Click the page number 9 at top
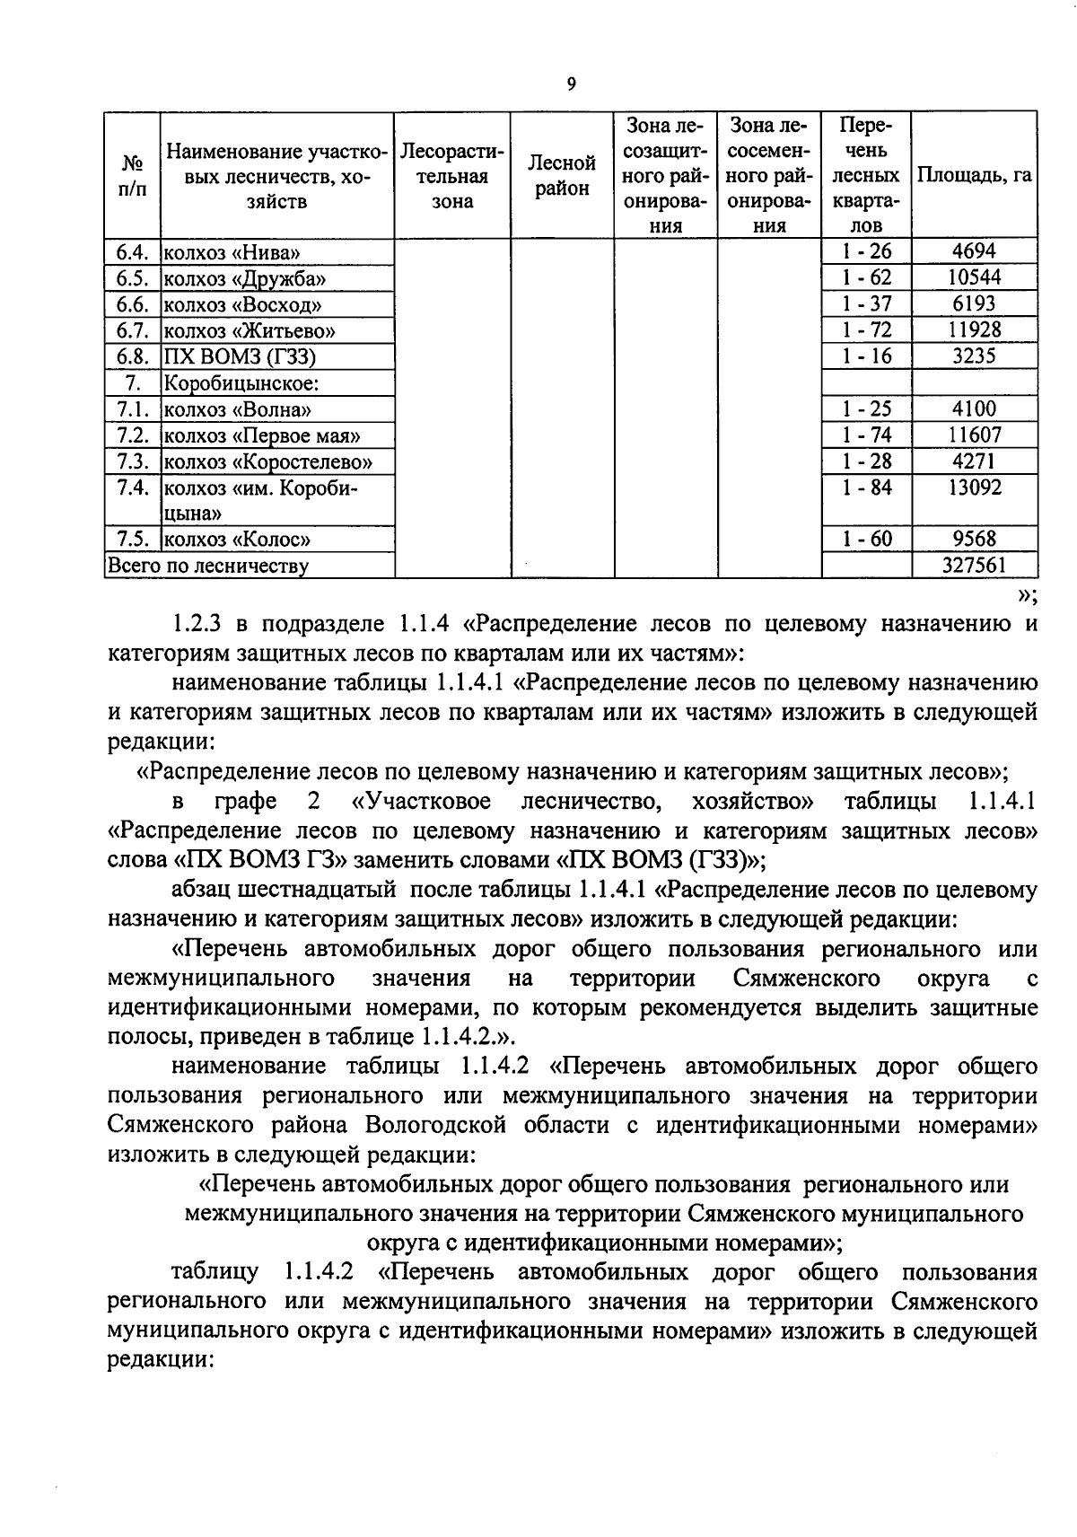coord(571,84)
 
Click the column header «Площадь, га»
coord(973,176)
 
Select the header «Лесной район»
coord(562,176)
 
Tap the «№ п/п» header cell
coord(132,176)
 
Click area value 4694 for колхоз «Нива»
coord(973,251)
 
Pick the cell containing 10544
coord(974,277)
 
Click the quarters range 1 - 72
coord(866,329)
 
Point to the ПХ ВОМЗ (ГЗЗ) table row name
coord(240,356)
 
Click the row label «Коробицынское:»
coord(241,383)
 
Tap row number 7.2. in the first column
coord(132,435)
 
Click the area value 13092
coord(974,488)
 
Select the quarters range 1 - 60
coord(866,539)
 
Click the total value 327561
coord(974,565)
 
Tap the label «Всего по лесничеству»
coord(208,566)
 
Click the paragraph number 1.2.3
coord(202,624)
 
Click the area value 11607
coord(974,435)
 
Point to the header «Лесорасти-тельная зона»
coord(452,176)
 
